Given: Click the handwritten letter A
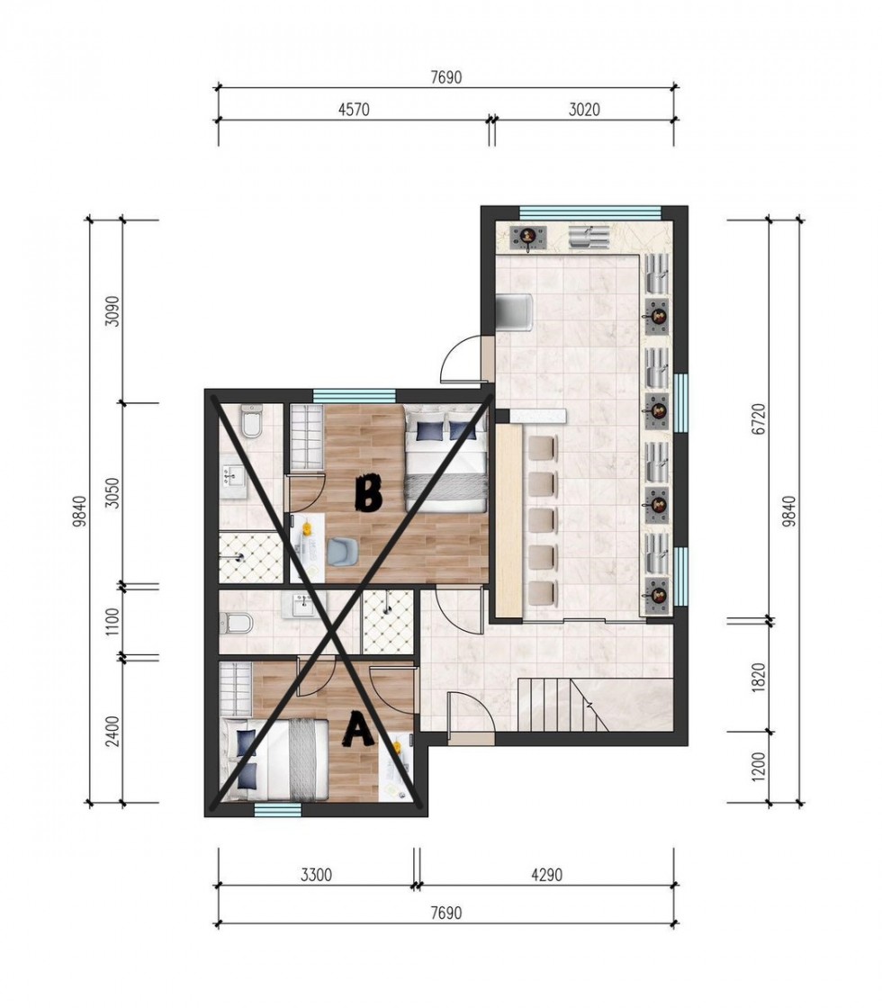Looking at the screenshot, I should click(x=358, y=730).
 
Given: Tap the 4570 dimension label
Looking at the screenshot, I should click(x=354, y=110).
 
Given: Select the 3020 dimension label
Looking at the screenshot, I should click(x=584, y=110).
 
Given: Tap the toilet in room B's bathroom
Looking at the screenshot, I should click(x=250, y=419).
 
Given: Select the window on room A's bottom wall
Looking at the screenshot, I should click(x=277, y=810).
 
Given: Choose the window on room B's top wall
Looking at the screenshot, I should click(x=354, y=395).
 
